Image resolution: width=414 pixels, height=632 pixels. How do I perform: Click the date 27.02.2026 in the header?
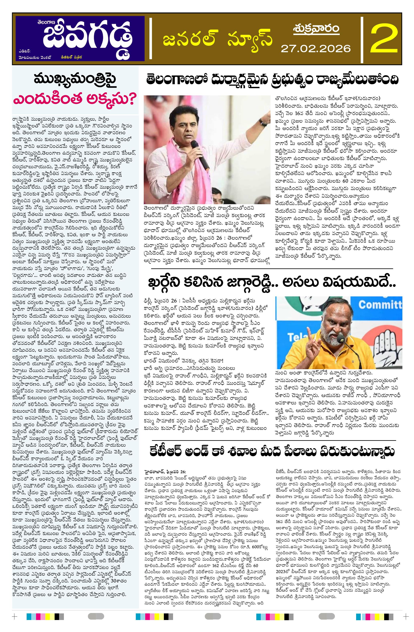coord(316,49)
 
